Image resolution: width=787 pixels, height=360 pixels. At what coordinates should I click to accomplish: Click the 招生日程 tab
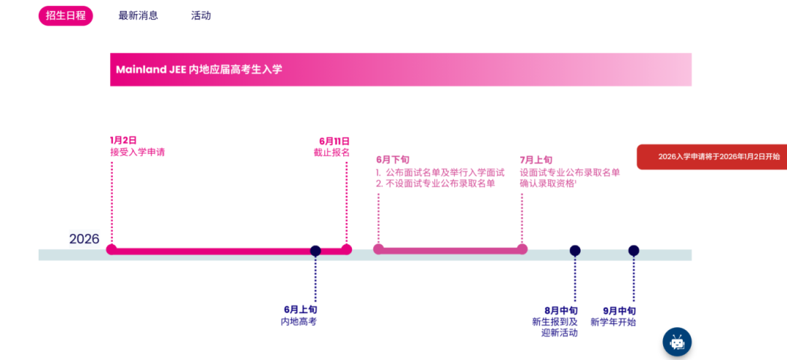66,15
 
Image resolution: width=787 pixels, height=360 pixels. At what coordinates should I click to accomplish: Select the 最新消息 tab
138,15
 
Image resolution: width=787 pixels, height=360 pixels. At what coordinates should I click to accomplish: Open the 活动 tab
201,15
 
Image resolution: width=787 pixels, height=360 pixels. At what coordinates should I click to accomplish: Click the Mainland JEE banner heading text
199,69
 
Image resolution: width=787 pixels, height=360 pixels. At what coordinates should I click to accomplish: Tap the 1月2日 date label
123,141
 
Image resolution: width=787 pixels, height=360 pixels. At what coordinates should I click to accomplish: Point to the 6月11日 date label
334,141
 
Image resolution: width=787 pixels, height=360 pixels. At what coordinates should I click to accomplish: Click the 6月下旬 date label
393,160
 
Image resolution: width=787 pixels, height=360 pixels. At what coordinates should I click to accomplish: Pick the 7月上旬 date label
536,160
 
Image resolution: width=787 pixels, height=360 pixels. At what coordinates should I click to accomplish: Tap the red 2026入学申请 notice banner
713,157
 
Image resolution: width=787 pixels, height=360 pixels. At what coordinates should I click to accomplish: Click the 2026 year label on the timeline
85,239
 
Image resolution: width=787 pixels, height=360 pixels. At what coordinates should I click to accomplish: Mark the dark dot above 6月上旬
316,251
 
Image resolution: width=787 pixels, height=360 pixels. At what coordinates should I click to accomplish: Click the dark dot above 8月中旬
575,251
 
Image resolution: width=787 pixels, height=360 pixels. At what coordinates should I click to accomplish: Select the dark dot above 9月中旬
634,251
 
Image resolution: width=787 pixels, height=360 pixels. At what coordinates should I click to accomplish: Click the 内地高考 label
299,321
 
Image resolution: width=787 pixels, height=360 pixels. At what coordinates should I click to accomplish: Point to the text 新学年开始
613,321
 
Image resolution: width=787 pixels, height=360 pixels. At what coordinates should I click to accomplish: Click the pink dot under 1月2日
111,249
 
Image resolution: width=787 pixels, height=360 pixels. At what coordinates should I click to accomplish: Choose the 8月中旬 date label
560,310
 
